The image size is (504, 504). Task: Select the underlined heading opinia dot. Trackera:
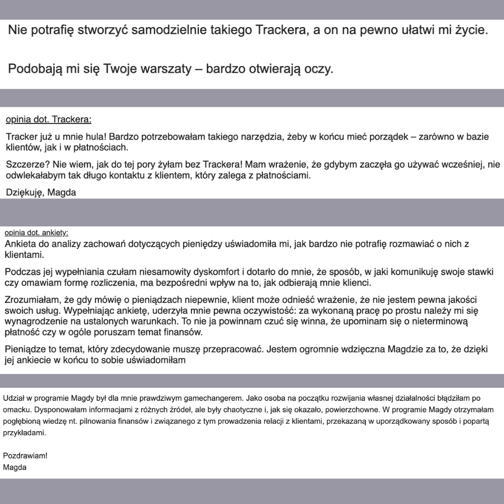click(48, 120)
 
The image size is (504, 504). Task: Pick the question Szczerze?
click(26, 164)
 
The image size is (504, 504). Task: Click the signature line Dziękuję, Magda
click(41, 192)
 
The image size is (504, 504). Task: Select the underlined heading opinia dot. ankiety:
click(36, 232)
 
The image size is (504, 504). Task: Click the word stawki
click(478, 272)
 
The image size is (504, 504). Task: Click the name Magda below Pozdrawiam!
click(15, 468)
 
